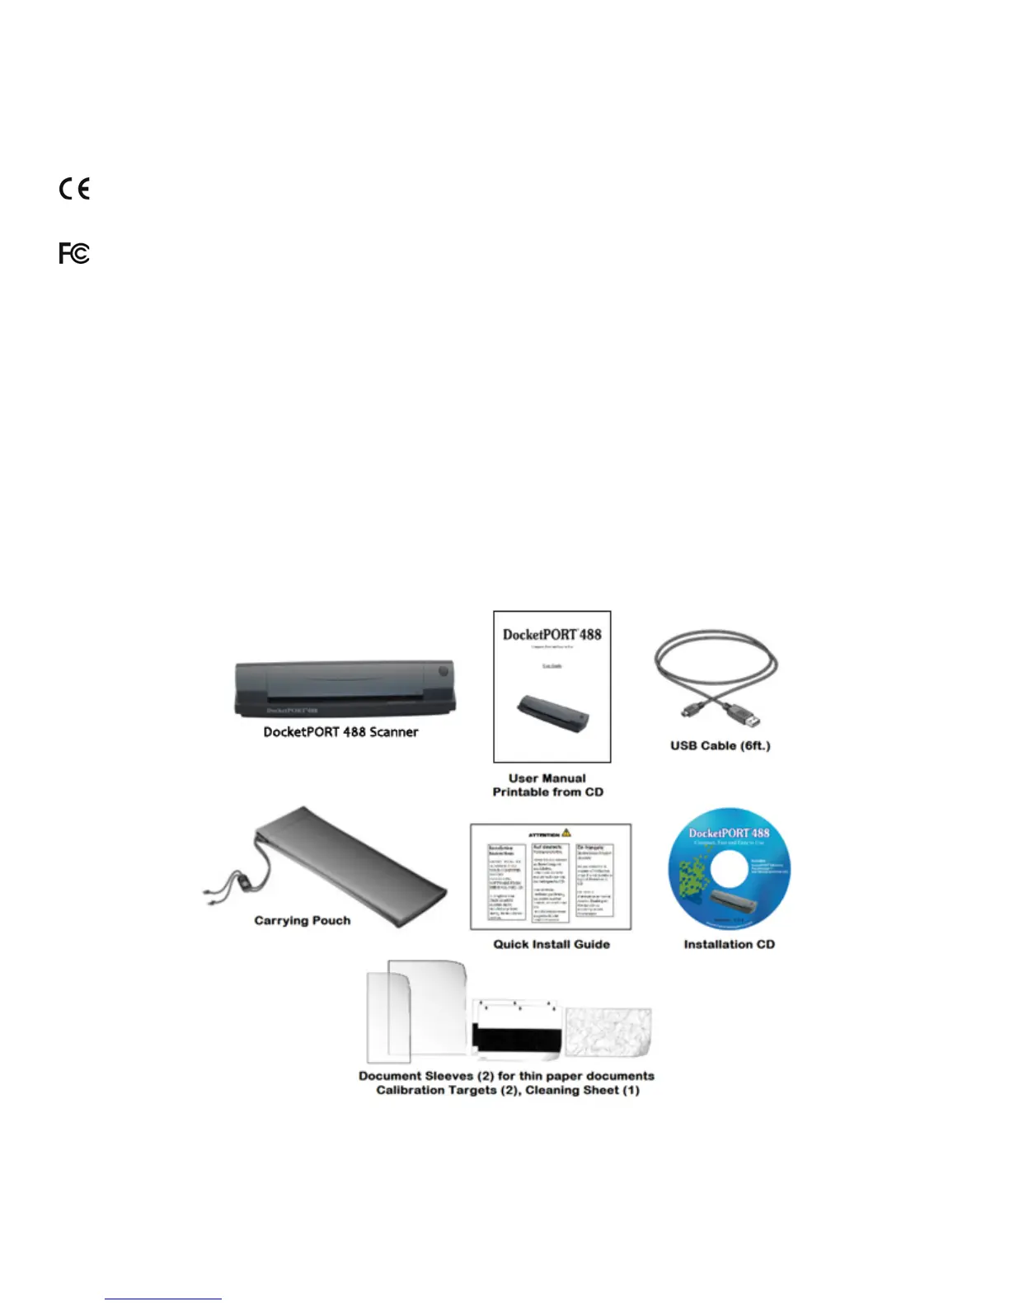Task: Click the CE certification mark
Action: click(x=74, y=189)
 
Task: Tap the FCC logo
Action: click(x=74, y=253)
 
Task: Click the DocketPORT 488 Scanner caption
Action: click(x=340, y=732)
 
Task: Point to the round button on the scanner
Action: click(x=443, y=671)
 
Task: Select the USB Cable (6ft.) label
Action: click(x=720, y=746)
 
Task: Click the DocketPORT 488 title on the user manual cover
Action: click(x=551, y=635)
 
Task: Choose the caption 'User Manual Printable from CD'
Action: click(x=547, y=785)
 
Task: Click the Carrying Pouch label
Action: click(x=302, y=921)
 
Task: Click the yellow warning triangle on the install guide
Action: click(x=566, y=834)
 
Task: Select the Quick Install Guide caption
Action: click(x=551, y=945)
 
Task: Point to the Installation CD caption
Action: click(x=729, y=945)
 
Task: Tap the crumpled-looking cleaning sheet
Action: click(x=608, y=1032)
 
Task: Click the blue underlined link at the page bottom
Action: click(x=163, y=1299)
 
